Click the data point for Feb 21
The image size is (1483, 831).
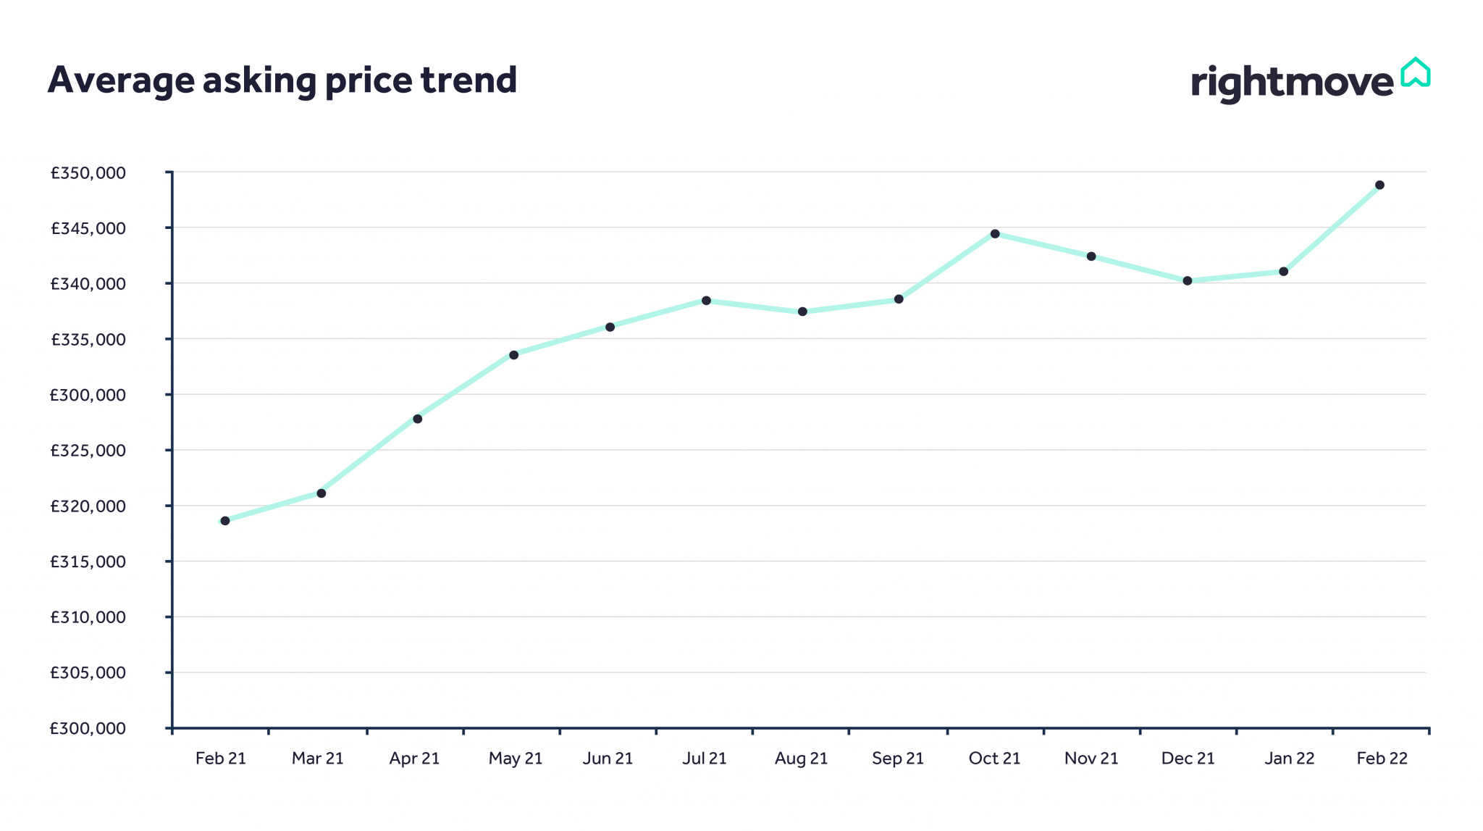(225, 521)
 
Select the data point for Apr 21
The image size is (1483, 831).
(418, 419)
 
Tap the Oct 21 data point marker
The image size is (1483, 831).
(995, 234)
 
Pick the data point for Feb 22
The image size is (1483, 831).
(1379, 185)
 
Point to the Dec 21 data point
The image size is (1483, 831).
(1188, 281)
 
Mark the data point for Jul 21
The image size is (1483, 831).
(706, 301)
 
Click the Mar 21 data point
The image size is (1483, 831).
(322, 493)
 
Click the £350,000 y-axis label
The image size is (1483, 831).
(88, 173)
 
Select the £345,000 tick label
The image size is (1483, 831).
(88, 229)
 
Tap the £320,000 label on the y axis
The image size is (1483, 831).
(88, 506)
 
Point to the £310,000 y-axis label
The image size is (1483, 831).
(88, 617)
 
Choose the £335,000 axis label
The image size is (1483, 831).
(88, 340)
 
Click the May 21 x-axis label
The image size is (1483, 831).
(515, 759)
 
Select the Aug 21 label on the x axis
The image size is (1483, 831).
(801, 759)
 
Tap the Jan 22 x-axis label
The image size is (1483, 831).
(1289, 759)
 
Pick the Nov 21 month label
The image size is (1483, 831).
(1091, 759)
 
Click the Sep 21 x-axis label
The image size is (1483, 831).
(898, 759)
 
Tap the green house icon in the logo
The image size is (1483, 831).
(1415, 72)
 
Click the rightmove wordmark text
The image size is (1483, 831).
(1292, 83)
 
